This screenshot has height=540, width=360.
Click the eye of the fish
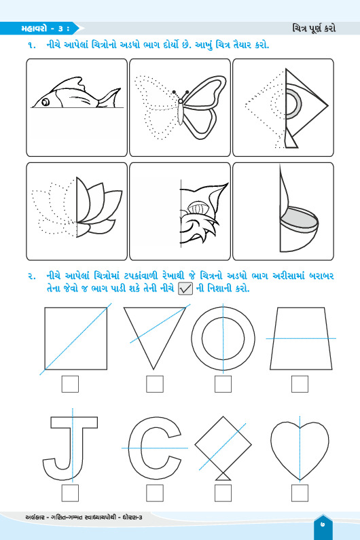[x=46, y=102]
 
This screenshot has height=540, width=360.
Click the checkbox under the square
[x=70, y=384]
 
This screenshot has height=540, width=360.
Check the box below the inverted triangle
[x=155, y=384]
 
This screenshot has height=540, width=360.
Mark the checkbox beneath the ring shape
[x=223, y=384]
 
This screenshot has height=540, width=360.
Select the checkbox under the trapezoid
[x=300, y=384]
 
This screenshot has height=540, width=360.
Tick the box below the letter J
[x=70, y=493]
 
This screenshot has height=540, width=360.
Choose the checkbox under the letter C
[x=155, y=493]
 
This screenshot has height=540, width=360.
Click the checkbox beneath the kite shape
[x=223, y=493]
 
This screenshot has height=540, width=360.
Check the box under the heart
[x=300, y=493]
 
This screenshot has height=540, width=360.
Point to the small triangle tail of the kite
[x=223, y=476]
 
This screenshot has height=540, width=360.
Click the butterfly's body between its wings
[x=180, y=112]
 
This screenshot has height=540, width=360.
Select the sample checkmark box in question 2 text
[x=185, y=289]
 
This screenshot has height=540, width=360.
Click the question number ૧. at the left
[x=32, y=45]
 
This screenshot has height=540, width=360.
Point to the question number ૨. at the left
[x=32, y=276]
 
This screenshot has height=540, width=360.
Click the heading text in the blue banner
[x=45, y=29]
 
